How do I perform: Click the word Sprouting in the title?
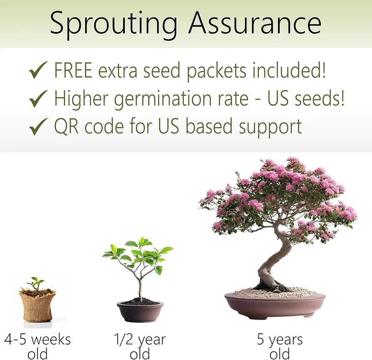[114, 25]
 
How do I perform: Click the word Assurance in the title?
[255, 23]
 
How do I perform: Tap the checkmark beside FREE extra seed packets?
[38, 70]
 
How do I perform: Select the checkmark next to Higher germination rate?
[38, 98]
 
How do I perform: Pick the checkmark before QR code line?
[38, 126]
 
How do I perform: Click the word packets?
[217, 72]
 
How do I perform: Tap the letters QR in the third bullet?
[66, 126]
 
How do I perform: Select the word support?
[270, 128]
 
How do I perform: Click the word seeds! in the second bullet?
[319, 98]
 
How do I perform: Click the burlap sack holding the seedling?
[38, 305]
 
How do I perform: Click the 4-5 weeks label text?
[37, 346]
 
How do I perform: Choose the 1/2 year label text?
[140, 346]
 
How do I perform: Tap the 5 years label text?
[280, 346]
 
